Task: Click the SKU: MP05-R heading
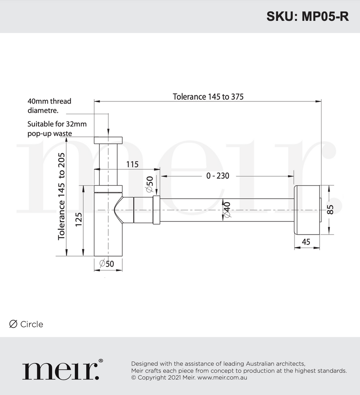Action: (x=307, y=17)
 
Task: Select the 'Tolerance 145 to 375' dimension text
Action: (x=208, y=96)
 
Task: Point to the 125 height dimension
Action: (x=79, y=221)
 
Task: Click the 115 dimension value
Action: (x=132, y=164)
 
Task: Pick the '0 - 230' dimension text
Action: (x=217, y=176)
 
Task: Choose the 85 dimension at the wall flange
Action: (x=330, y=209)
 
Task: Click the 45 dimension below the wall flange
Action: (x=306, y=242)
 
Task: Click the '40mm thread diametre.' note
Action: (x=49, y=106)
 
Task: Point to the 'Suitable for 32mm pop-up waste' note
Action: (x=57, y=129)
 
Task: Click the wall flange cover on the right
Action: (x=307, y=210)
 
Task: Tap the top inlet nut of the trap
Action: (x=108, y=140)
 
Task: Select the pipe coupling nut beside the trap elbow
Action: (x=156, y=210)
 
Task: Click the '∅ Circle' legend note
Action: (x=26, y=324)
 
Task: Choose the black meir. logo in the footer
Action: (x=62, y=370)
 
